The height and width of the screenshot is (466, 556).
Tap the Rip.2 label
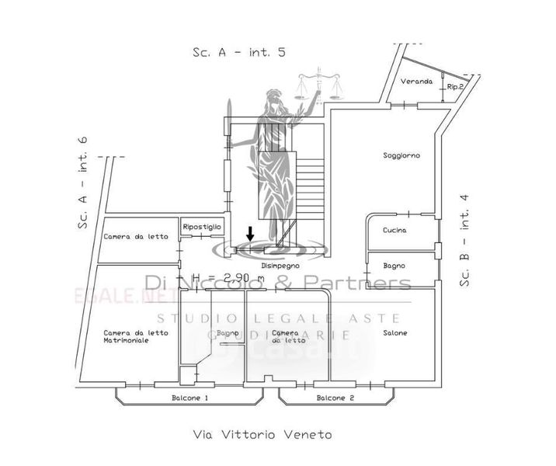pos(455,87)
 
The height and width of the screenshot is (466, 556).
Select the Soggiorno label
pos(401,155)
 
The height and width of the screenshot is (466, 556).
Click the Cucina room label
pos(394,231)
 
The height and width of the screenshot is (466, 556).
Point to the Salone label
pos(394,333)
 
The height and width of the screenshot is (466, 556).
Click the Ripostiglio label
pos(202,226)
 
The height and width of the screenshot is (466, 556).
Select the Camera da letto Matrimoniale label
pos(136,336)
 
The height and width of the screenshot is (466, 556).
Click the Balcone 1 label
pos(189,398)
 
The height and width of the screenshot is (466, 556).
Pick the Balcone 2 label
pos(335,398)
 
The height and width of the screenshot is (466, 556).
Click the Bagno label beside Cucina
pos(394,266)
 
